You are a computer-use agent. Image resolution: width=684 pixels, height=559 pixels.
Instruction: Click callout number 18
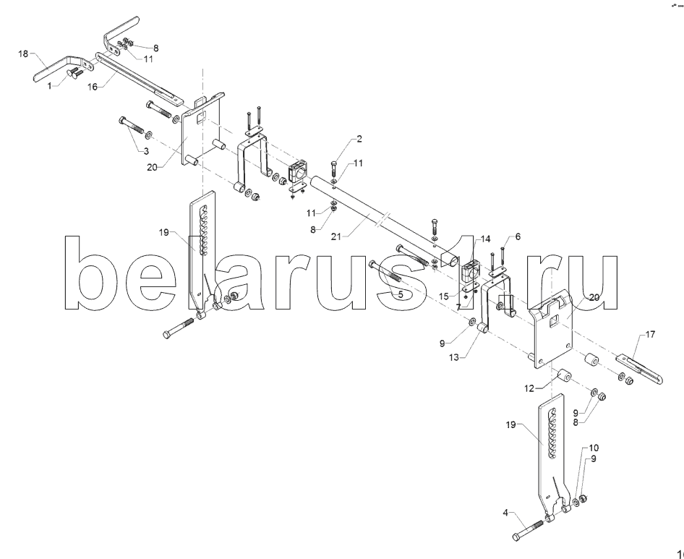[x=22, y=54]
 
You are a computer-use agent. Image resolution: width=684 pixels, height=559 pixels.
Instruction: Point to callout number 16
[x=93, y=87]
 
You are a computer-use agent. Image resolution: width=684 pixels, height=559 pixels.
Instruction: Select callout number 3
[x=146, y=151]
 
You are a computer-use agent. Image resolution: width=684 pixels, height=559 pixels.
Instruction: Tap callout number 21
[x=335, y=236]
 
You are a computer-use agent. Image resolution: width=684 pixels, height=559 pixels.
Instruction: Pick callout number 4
[x=505, y=513]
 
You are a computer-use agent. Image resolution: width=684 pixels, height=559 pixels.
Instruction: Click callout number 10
[x=594, y=448]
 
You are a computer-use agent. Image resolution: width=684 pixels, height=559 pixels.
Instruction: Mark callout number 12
[x=529, y=388]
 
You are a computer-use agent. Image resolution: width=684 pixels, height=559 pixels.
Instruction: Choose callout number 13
[x=454, y=357]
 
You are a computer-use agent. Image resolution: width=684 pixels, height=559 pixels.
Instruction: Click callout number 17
[x=650, y=335]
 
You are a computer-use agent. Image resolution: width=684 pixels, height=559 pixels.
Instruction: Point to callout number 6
[x=518, y=236]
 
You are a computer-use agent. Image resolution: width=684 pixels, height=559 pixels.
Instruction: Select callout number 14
[x=485, y=239]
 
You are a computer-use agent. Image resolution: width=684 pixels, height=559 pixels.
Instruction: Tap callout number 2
[x=359, y=139]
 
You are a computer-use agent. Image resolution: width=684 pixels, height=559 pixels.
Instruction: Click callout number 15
[x=444, y=296]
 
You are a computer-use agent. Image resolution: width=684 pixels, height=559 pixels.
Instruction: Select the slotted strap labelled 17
[x=639, y=370]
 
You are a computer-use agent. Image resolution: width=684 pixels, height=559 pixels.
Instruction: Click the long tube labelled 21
[x=384, y=220]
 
